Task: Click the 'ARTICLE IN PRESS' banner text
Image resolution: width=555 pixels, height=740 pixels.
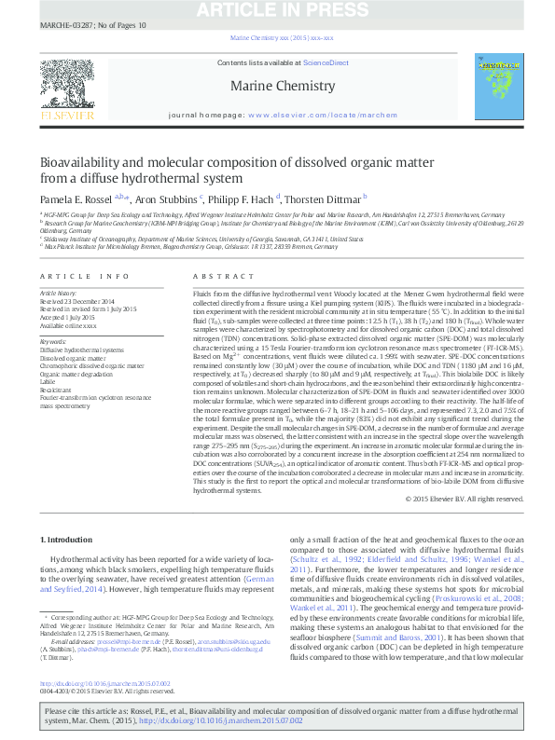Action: pyautogui.click(x=277, y=10)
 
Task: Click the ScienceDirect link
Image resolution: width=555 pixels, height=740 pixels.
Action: pyautogui.click(x=326, y=62)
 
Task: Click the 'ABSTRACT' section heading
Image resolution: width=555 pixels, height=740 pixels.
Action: pyautogui.click(x=217, y=277)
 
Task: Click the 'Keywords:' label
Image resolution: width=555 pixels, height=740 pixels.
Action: pyautogui.click(x=53, y=341)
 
